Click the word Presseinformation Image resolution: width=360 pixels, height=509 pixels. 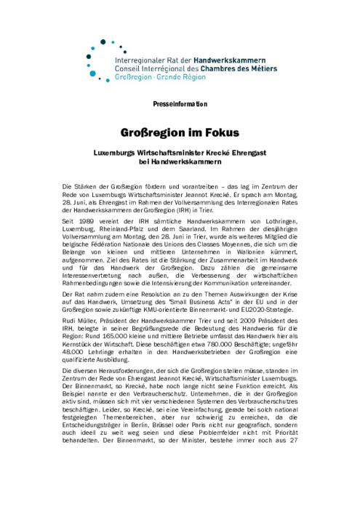(x=180, y=103)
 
